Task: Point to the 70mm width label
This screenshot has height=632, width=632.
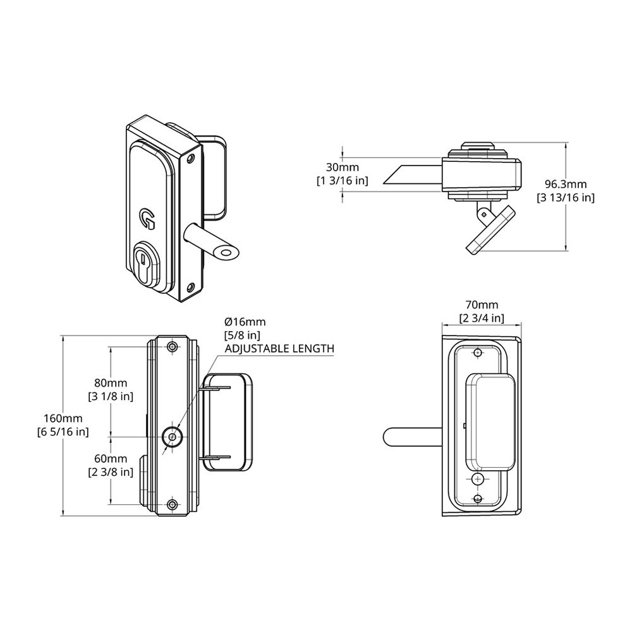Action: pos(481,305)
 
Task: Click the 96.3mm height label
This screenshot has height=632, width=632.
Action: pos(566,184)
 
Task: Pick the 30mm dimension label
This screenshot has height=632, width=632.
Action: pos(341,167)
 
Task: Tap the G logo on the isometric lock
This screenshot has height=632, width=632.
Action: pos(147,218)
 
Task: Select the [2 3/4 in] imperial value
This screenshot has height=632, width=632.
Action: pos(481,318)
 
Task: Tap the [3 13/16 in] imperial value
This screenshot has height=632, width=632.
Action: pos(566,198)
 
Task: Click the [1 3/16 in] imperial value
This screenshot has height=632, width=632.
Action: pos(341,181)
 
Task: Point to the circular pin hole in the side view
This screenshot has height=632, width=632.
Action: pos(172,436)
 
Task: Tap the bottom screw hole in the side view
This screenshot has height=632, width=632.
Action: pos(172,504)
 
